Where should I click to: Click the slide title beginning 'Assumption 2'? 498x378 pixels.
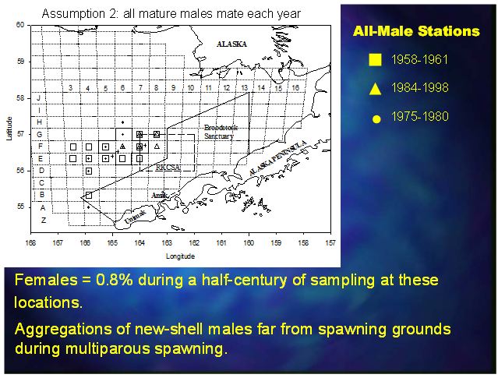(171, 13)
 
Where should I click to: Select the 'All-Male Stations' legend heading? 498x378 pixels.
(416, 32)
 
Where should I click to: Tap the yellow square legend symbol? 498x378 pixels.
(376, 59)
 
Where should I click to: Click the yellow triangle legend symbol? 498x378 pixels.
(376, 88)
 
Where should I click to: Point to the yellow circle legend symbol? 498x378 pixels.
(376, 118)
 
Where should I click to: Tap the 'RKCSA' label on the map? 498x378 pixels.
(167, 168)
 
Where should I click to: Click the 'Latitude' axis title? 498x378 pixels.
(9, 129)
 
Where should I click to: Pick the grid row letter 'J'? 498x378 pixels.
(39, 98)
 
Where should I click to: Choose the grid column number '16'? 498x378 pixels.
(295, 88)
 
